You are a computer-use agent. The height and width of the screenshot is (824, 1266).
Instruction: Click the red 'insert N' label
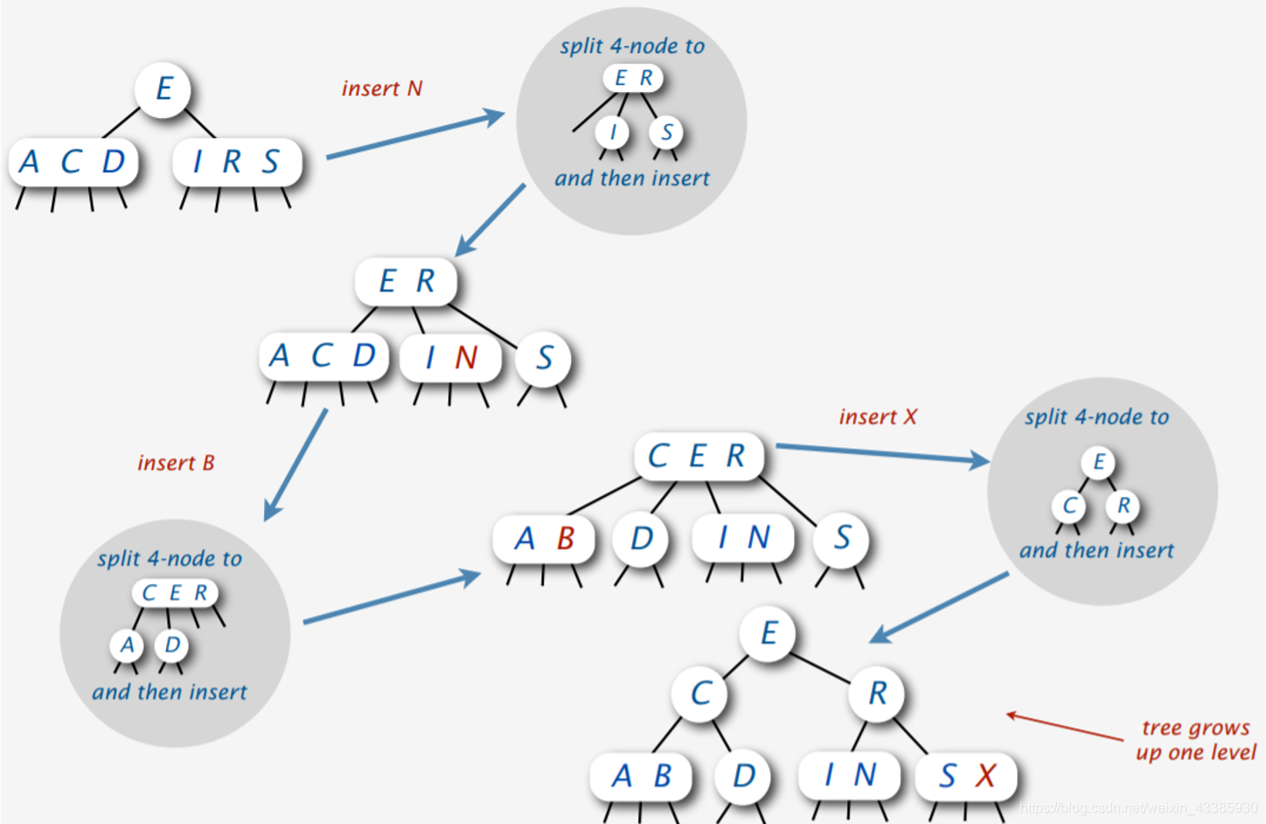pyautogui.click(x=382, y=88)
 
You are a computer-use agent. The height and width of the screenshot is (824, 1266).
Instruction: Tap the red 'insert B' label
pyautogui.click(x=176, y=463)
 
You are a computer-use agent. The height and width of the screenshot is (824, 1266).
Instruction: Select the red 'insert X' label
pyautogui.click(x=878, y=417)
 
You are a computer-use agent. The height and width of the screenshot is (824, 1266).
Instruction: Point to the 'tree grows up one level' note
pyautogui.click(x=1195, y=740)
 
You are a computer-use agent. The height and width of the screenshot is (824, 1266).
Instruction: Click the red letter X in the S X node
pyautogui.click(x=986, y=776)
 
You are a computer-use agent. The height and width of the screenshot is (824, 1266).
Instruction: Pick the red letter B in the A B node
pyautogui.click(x=566, y=538)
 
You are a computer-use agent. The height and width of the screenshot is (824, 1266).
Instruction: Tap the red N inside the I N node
pyautogui.click(x=466, y=357)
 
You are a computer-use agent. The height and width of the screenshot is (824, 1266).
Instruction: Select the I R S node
pyautogui.click(x=237, y=162)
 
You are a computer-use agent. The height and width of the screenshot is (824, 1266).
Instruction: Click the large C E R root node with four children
pyautogui.click(x=698, y=456)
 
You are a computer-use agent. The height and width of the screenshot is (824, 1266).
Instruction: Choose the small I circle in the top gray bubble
pyautogui.click(x=613, y=132)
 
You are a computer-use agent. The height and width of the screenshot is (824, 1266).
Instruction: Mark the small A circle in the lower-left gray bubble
pyautogui.click(x=128, y=646)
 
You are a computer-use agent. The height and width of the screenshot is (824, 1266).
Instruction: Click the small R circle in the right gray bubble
pyautogui.click(x=1123, y=506)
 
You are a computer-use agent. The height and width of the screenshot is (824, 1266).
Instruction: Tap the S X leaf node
pyautogui.click(x=966, y=776)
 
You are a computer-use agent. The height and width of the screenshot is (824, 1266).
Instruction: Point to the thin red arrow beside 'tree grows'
pyautogui.click(x=1064, y=727)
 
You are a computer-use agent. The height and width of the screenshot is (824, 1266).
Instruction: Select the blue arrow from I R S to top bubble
pyautogui.click(x=415, y=136)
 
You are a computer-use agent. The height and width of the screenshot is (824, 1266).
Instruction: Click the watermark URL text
pyautogui.click(x=1137, y=807)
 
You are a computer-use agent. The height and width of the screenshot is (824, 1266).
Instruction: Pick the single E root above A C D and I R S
pyautogui.click(x=163, y=89)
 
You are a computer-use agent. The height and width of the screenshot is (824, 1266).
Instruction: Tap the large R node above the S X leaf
pyautogui.click(x=877, y=693)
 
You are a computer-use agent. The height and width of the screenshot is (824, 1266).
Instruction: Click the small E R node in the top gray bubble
pyautogui.click(x=633, y=78)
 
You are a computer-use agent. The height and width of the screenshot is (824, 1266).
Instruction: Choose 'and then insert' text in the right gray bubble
pyautogui.click(x=1096, y=550)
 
